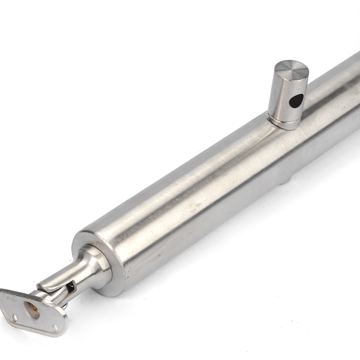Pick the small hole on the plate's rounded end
55,328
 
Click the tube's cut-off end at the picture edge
355,90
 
